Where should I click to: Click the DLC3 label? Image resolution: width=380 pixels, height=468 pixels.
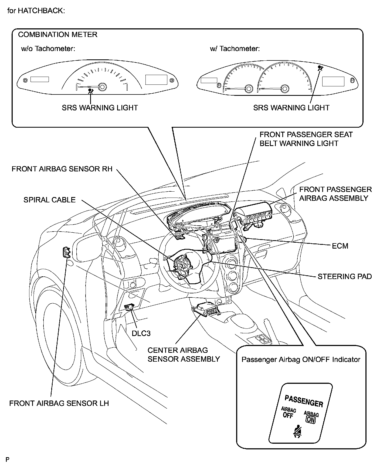point(141,333)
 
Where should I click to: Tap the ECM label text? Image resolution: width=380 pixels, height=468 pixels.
point(340,246)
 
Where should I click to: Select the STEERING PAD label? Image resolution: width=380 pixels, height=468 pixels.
point(345,276)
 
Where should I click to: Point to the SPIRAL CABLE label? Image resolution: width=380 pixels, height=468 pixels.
point(49,200)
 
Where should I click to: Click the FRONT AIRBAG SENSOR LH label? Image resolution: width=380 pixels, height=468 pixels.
point(59,403)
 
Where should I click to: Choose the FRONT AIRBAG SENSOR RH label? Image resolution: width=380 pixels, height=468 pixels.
point(62,169)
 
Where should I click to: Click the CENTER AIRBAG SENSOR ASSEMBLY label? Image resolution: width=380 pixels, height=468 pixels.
point(184,355)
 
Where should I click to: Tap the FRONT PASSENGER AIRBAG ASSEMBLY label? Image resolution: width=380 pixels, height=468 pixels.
point(335,194)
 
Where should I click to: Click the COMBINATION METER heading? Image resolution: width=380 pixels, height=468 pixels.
point(57,35)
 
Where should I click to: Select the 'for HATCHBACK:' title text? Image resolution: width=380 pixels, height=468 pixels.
point(36,11)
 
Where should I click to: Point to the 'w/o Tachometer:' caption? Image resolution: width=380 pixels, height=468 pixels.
point(48,49)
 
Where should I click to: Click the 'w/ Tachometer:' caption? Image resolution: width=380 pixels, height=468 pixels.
point(235,49)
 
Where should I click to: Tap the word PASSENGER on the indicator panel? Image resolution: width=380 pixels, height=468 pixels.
point(304,401)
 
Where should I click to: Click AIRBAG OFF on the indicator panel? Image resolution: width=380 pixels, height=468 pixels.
point(288,413)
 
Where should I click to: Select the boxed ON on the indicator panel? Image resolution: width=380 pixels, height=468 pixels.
point(310,419)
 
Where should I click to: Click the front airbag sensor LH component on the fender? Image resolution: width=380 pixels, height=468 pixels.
point(66,252)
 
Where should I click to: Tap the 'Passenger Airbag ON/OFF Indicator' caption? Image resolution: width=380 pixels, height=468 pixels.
point(301,360)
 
